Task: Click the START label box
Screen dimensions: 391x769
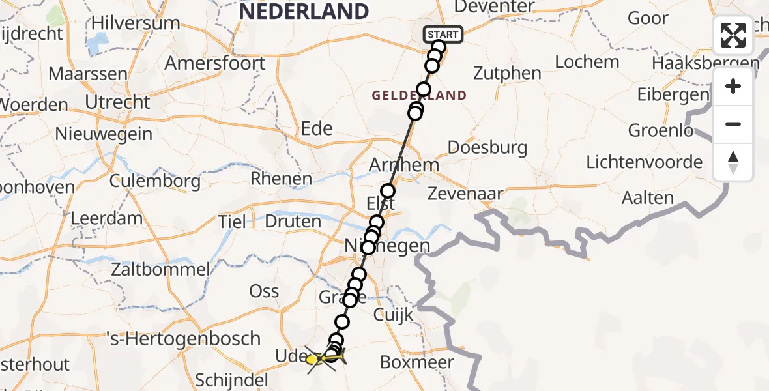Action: (x=444, y=34)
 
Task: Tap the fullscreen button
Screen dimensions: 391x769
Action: (x=733, y=35)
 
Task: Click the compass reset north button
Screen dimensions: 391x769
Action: (x=733, y=162)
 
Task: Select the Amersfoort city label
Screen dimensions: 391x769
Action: (x=215, y=63)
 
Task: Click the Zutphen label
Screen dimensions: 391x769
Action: (x=507, y=72)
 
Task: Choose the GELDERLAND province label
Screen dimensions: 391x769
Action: (x=419, y=96)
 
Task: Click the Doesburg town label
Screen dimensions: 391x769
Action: (x=488, y=147)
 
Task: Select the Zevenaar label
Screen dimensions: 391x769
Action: (x=465, y=194)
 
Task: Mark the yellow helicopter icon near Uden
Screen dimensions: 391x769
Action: (x=315, y=358)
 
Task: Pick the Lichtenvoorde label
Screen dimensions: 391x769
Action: (x=645, y=162)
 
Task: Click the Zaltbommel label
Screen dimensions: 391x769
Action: (x=160, y=268)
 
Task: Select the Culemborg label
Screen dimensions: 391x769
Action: (x=155, y=181)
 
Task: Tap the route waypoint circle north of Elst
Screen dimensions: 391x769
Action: (x=388, y=191)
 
